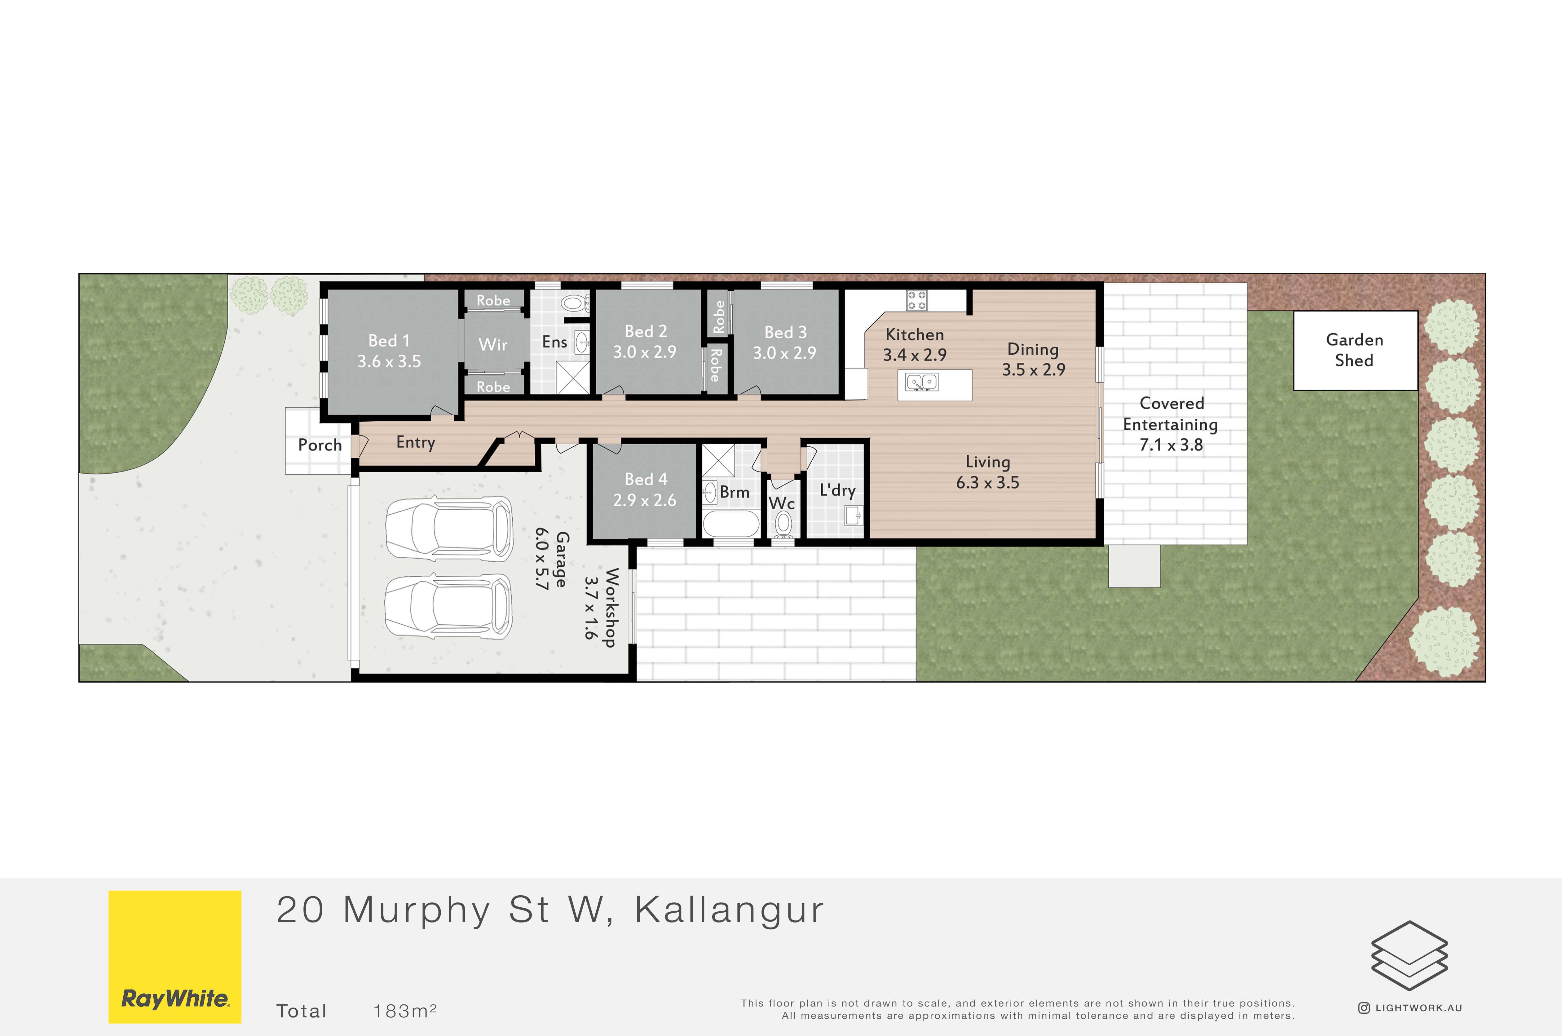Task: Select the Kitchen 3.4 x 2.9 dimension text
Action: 915,355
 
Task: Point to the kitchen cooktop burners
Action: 916,301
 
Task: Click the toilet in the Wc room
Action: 783,525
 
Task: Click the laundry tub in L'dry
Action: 853,515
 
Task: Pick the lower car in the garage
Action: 448,604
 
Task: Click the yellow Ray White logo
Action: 175,957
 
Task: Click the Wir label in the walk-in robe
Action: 493,344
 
